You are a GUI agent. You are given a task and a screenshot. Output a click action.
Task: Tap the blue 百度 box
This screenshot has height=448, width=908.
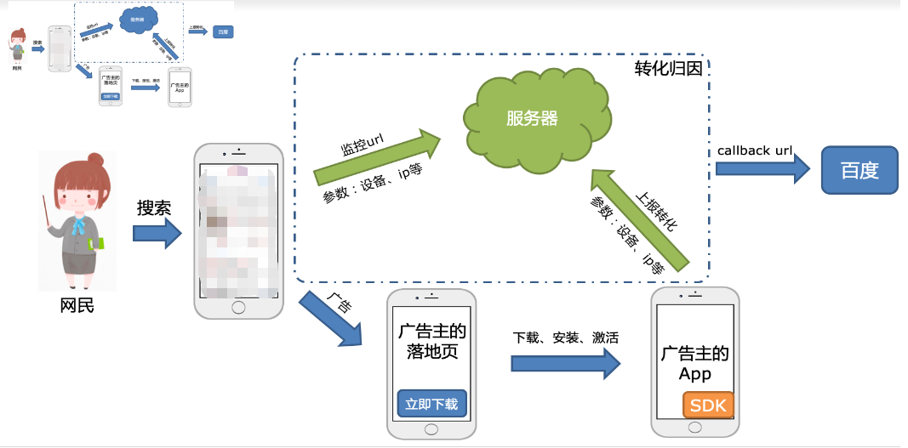coord(859,170)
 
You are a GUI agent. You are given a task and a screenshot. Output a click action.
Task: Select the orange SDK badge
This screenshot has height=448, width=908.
coord(708,405)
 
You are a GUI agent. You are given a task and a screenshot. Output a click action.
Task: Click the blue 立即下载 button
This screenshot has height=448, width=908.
coord(432,405)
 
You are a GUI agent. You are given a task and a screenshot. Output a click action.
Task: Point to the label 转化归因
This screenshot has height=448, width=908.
coord(668,69)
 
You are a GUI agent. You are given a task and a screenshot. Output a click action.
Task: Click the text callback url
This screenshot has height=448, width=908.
coord(755,150)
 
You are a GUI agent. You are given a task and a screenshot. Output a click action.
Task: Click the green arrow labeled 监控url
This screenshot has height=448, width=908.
coord(379,156)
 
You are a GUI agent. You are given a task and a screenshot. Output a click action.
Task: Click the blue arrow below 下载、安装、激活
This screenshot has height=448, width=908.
coord(565,363)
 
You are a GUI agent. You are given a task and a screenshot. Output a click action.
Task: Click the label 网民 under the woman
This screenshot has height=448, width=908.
coord(77,304)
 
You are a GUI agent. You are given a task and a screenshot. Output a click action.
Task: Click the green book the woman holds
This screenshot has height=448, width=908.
coord(99,244)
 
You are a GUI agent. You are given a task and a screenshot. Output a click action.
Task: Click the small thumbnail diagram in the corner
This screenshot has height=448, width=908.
coord(119,54)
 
